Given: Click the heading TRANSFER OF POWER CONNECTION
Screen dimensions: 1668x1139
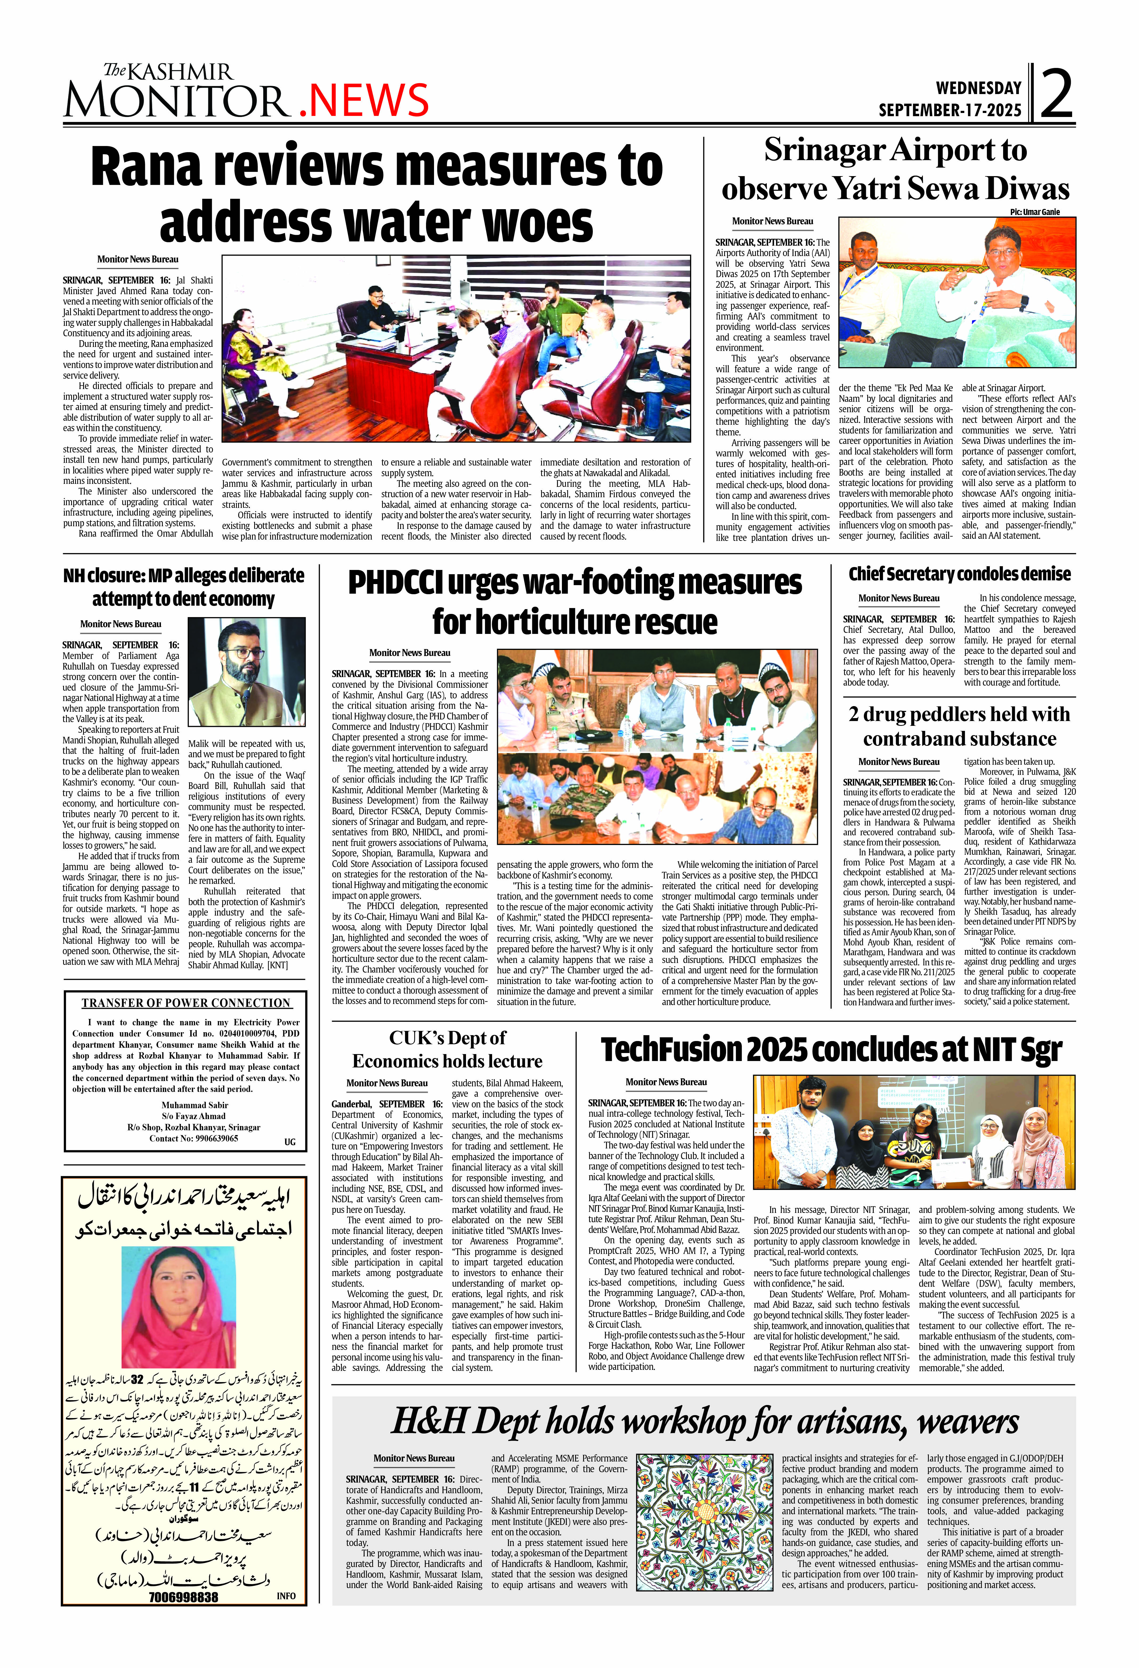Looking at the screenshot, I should [186, 1003].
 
